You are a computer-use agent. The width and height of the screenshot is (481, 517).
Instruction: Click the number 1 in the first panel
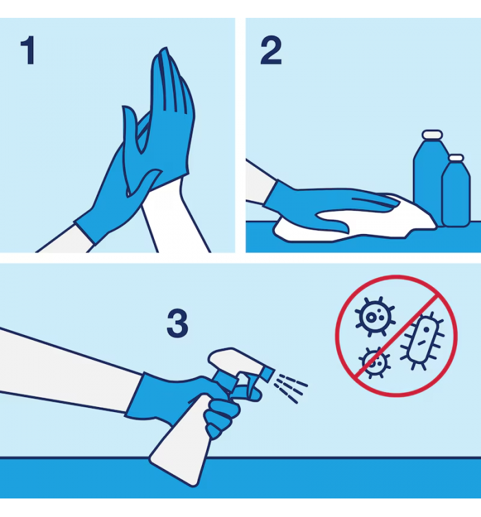27,50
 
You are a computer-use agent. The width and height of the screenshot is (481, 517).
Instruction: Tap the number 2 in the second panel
271,50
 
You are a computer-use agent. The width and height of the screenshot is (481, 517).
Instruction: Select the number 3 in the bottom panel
177,323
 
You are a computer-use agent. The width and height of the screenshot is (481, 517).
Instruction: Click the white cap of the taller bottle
432,134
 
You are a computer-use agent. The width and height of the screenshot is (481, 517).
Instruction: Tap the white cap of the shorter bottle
456,158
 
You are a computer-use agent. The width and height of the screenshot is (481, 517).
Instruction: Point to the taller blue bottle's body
427,181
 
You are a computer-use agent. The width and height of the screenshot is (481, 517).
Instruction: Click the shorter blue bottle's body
456,194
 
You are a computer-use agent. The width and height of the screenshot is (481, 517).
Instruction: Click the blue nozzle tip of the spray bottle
267,373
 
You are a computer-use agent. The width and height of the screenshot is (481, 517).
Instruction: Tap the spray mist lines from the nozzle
291,388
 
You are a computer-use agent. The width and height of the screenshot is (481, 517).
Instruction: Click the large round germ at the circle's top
374,317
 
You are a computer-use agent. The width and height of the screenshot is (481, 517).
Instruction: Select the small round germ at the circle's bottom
374,363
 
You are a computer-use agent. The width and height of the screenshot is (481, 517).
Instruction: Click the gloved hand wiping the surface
326,206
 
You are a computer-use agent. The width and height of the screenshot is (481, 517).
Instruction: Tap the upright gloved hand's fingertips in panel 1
168,66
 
